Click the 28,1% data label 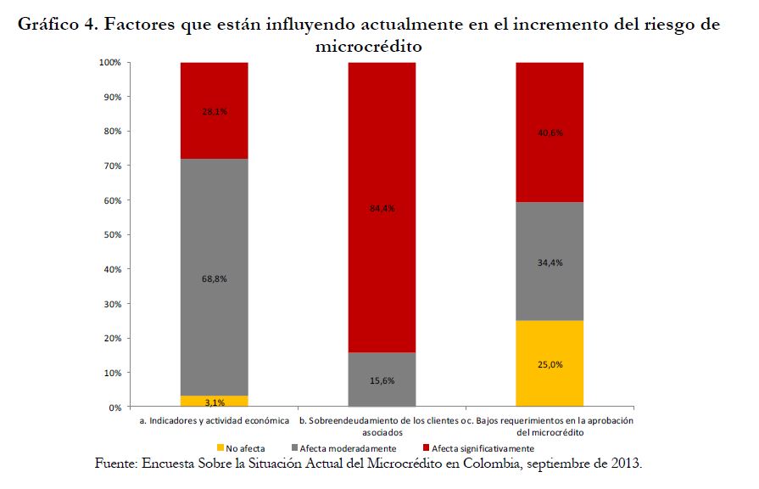214,111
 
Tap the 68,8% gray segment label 214,278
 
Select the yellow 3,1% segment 214,402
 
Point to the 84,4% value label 382,208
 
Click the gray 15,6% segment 382,380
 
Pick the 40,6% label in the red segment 550,132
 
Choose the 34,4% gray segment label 550,262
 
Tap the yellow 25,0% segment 550,364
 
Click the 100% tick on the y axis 110,63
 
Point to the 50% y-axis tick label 113,235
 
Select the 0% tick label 115,407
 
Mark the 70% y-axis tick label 113,166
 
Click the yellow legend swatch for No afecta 220,447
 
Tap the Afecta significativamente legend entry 482,447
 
